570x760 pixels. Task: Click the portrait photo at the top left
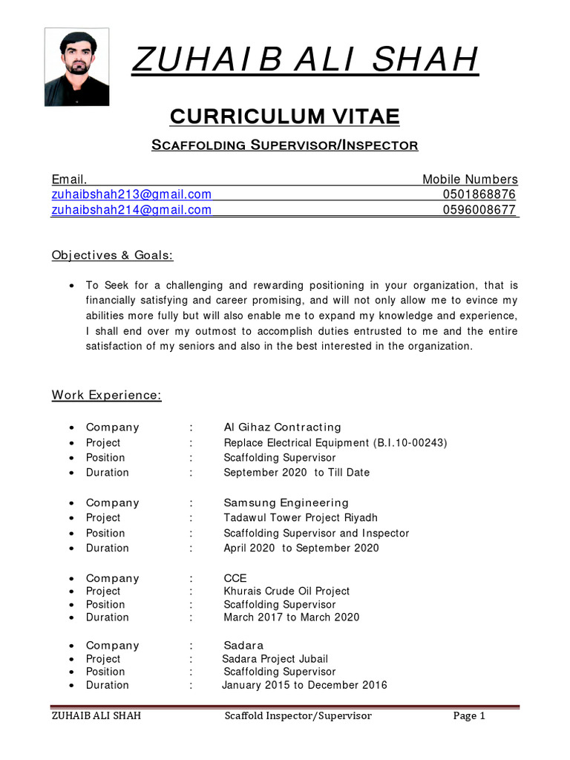[76, 68]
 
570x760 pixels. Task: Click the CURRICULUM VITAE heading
[285, 116]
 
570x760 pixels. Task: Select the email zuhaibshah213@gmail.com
[131, 194]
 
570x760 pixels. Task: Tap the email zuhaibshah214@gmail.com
[131, 210]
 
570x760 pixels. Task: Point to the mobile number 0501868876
[479, 194]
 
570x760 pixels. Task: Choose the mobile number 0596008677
[479, 210]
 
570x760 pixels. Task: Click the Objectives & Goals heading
[112, 255]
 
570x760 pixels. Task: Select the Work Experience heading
[106, 395]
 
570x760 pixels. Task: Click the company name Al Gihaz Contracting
[283, 427]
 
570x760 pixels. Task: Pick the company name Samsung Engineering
[286, 502]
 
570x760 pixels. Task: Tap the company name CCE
[235, 578]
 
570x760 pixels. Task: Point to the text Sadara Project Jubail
[275, 659]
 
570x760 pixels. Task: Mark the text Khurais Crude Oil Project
[286, 592]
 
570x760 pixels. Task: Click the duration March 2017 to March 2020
[292, 617]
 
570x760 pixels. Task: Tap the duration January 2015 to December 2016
[304, 685]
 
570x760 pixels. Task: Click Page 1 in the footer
[469, 716]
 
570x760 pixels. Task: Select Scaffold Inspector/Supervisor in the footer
[298, 716]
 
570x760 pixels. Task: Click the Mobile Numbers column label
[470, 180]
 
